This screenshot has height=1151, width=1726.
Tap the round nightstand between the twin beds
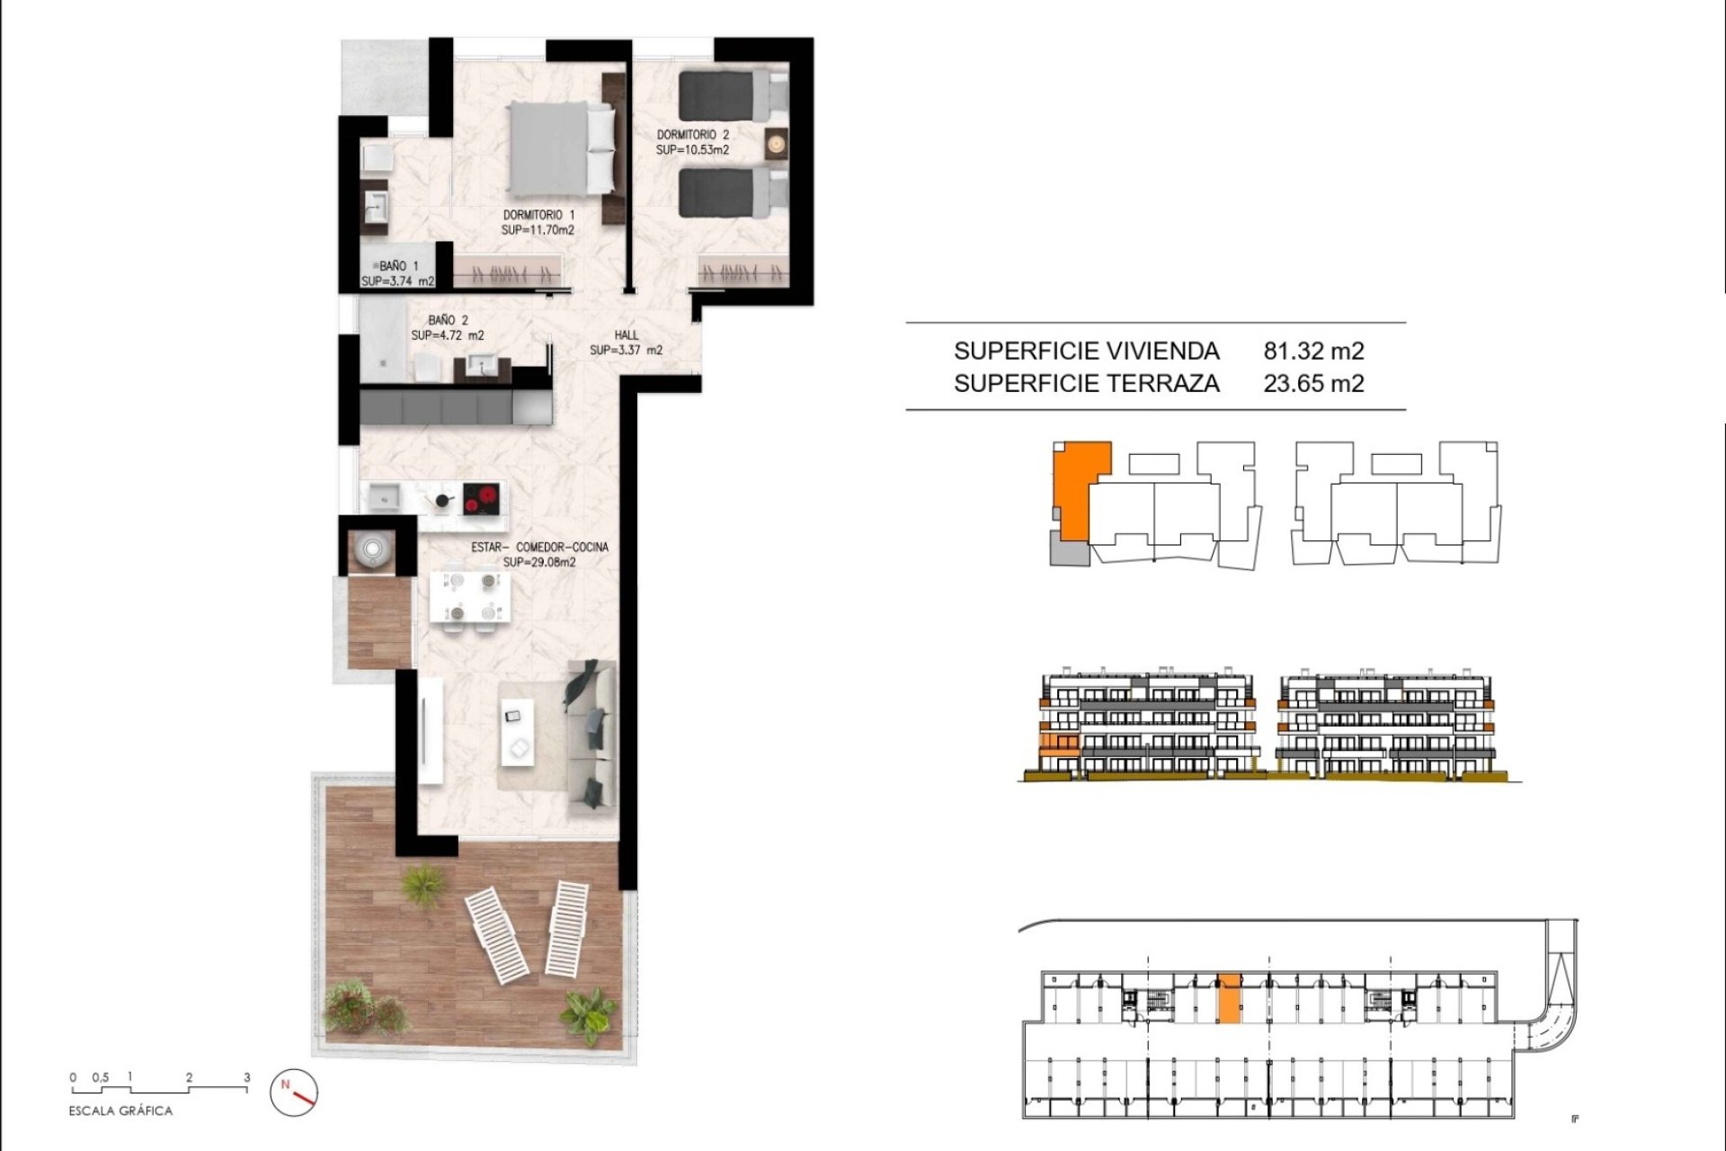click(776, 142)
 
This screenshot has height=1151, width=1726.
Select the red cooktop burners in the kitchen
click(481, 498)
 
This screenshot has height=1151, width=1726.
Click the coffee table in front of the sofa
click(517, 733)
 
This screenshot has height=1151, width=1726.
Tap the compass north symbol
click(294, 1093)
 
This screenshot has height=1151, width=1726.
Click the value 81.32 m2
click(1313, 351)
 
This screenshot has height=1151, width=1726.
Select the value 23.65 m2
click(1313, 383)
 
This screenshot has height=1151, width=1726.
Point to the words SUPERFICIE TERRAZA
click(1086, 383)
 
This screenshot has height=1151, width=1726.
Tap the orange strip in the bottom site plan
click(1228, 998)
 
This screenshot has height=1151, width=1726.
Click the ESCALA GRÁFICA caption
click(120, 1111)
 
